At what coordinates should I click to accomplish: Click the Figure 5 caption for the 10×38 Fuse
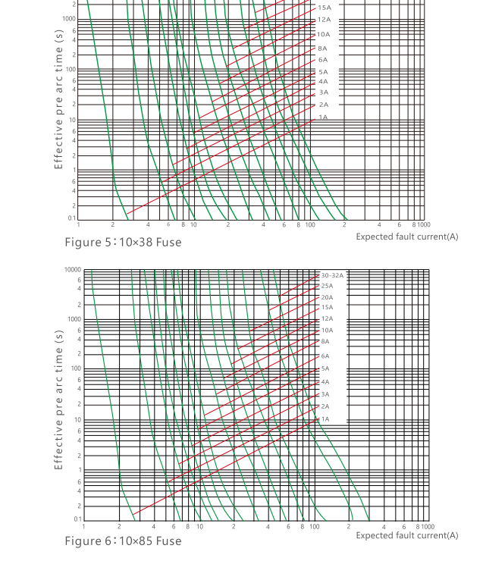tap(123, 242)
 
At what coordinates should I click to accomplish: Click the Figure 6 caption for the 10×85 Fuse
tap(123, 541)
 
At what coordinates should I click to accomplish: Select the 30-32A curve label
tap(332, 275)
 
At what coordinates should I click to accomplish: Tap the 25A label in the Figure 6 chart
tap(327, 286)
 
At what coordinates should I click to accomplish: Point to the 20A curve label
tap(327, 297)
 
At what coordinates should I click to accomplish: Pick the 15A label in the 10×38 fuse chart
tap(325, 8)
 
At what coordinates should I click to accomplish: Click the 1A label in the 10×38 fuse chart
tap(323, 118)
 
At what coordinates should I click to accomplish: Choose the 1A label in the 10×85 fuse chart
tap(325, 419)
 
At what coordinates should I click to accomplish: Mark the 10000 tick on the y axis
tap(72, 270)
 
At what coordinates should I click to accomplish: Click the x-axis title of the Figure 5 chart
tap(407, 237)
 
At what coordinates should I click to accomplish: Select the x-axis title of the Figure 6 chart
tap(407, 535)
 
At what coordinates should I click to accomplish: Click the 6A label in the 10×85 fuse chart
tap(325, 356)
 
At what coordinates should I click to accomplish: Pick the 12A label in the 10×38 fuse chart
tap(325, 20)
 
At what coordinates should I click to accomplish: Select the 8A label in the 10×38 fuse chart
tap(323, 48)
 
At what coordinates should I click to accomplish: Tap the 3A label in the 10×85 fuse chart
tap(325, 394)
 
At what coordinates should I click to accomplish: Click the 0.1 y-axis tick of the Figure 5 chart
tap(72, 218)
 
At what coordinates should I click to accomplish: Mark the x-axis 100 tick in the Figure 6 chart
tap(315, 526)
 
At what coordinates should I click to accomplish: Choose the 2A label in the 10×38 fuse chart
tap(323, 105)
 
